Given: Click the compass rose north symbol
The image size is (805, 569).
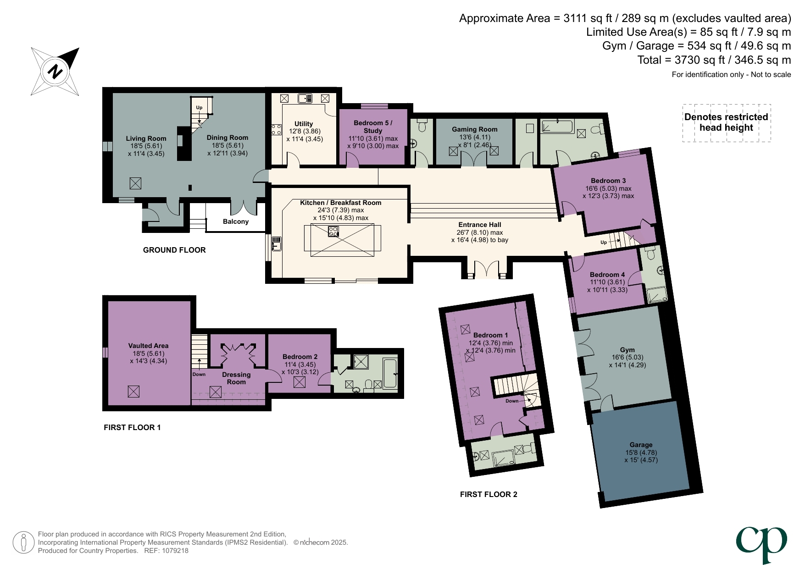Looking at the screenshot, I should (x=55, y=72).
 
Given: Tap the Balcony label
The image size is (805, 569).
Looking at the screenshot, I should (x=236, y=221).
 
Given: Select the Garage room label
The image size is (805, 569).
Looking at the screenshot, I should (x=641, y=445).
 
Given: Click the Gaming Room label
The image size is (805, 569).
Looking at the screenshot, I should (x=474, y=129).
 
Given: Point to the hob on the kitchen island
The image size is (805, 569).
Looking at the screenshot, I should (x=333, y=232).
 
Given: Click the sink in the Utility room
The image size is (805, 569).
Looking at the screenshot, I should (x=305, y=98).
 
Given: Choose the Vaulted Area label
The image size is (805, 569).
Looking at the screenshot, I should (x=148, y=346).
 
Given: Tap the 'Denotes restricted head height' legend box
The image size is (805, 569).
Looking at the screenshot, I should (x=726, y=122).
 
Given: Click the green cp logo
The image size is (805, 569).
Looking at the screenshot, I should (x=761, y=544).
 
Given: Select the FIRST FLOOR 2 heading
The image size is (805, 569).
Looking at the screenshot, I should (x=489, y=494).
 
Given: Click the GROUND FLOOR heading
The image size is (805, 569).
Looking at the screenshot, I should (x=174, y=250).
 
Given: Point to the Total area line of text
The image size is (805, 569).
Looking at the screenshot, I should (x=714, y=60).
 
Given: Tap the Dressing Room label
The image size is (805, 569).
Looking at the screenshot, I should (x=236, y=378).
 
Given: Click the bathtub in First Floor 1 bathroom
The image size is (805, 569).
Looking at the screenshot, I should (x=390, y=373).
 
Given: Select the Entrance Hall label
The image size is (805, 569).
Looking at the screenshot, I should (x=479, y=225).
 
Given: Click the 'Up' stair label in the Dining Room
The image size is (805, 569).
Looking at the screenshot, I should (x=199, y=107).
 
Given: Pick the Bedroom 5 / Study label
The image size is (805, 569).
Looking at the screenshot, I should (x=372, y=127).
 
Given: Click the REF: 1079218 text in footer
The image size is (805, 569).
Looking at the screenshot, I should (x=166, y=551).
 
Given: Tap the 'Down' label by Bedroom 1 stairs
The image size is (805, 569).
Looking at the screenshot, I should (x=512, y=401).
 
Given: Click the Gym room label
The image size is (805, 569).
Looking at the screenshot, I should (x=627, y=349).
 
